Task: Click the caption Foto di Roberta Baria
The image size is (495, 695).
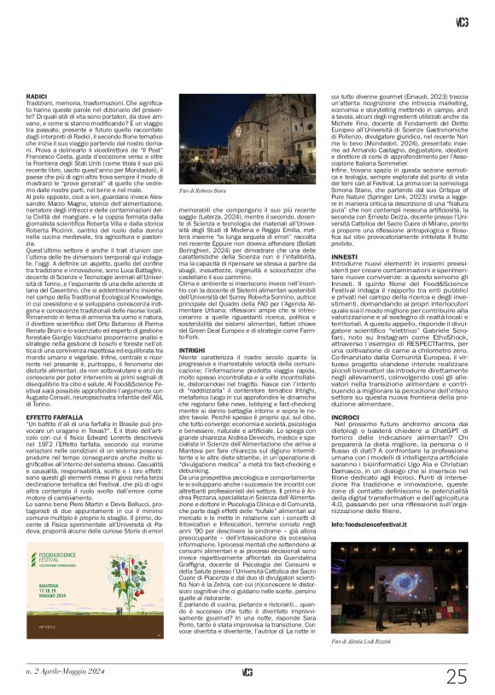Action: click(x=202, y=190)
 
